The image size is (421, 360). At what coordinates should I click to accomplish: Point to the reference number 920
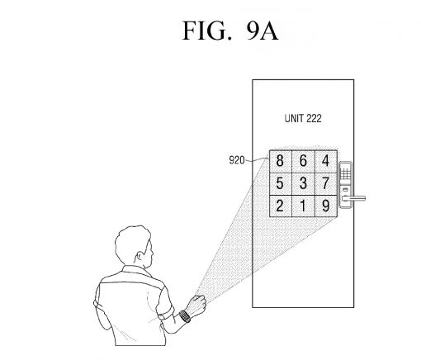(x=238, y=161)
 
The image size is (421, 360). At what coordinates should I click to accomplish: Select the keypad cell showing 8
(x=281, y=161)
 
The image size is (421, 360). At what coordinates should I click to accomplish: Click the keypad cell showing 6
(x=304, y=161)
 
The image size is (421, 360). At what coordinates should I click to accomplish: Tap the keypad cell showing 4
(x=327, y=161)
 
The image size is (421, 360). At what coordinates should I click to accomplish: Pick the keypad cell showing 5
(x=281, y=182)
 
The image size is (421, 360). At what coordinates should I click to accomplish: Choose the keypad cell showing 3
(x=304, y=182)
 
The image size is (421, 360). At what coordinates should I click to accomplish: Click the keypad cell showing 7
(x=327, y=182)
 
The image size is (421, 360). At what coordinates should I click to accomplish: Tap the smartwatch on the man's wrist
(x=185, y=315)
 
